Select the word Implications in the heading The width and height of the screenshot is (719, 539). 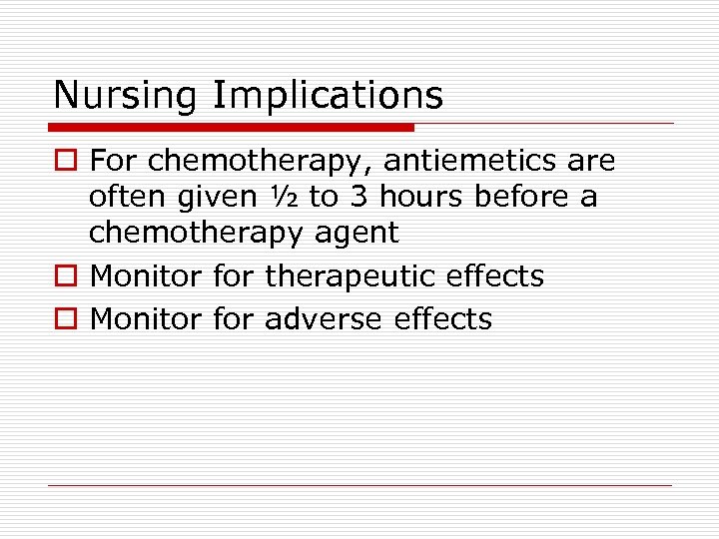coord(328,96)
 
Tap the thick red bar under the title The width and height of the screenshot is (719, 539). coord(231,128)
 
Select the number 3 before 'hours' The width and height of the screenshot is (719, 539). coord(359,197)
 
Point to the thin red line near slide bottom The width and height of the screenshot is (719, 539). coord(359,486)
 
